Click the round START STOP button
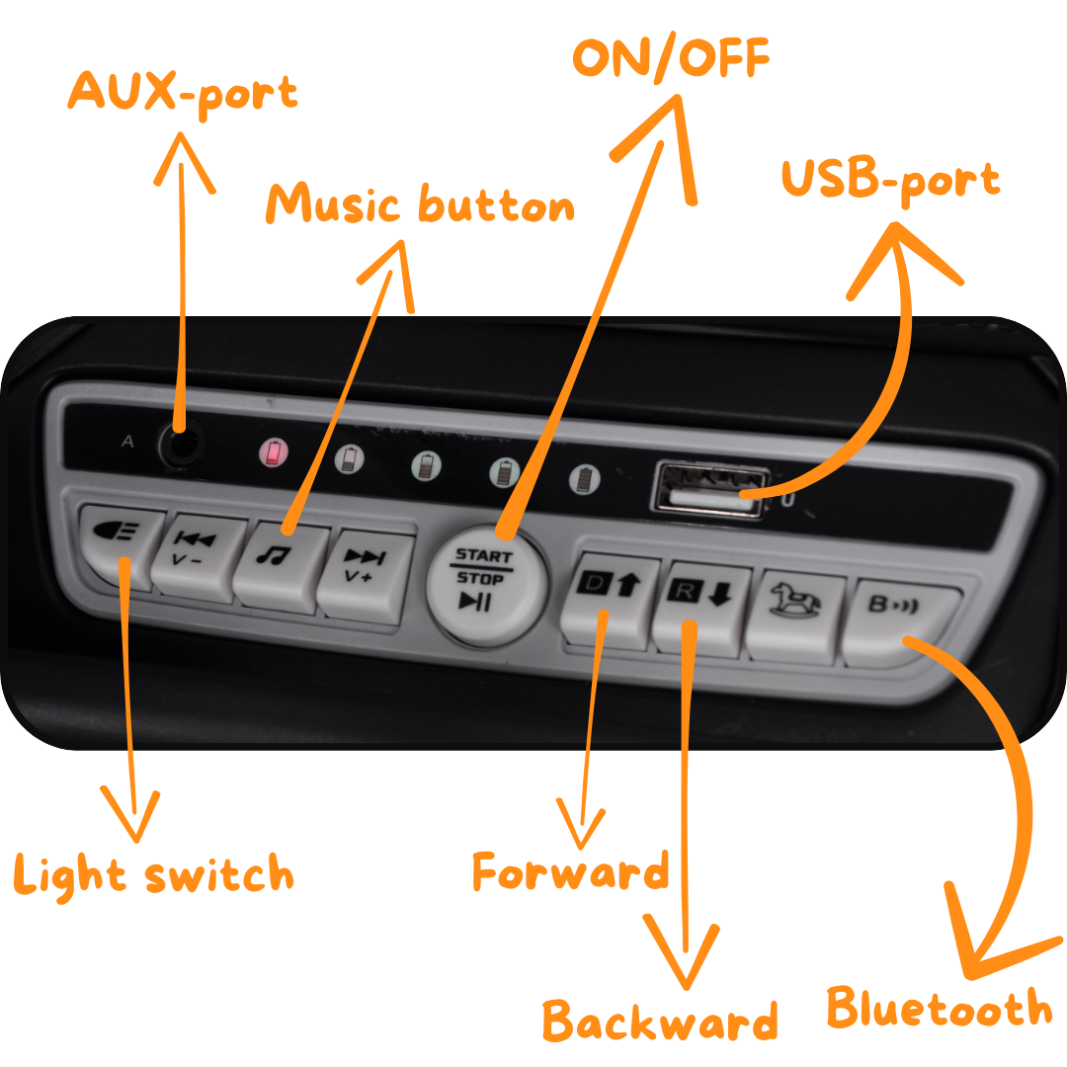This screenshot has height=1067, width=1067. click(x=484, y=583)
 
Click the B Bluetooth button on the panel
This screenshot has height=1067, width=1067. click(x=898, y=620)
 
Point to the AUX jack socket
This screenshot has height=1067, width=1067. click(x=182, y=446)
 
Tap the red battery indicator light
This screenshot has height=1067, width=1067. click(x=274, y=452)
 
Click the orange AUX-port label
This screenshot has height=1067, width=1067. click(x=183, y=95)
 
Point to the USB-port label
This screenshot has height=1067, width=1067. click(x=891, y=182)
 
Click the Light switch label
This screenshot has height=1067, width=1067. click(x=154, y=876)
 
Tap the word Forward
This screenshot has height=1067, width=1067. click(x=571, y=871)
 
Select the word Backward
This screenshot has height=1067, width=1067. click(x=659, y=1020)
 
